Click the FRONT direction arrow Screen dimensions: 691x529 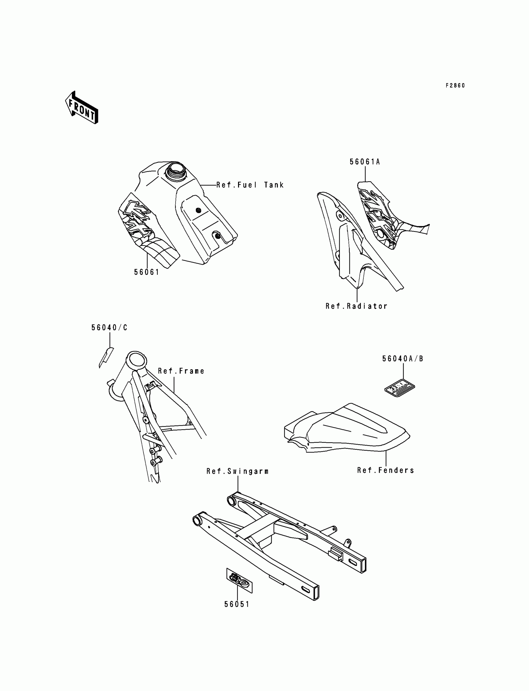pos(82,108)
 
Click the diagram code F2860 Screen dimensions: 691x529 pos(455,85)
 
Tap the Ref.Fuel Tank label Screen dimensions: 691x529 pos(250,185)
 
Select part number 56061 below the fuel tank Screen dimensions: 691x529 pos(147,272)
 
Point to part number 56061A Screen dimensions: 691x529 pos(365,162)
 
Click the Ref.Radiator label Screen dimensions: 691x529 pos(356,306)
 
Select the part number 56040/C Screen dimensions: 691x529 pos(110,328)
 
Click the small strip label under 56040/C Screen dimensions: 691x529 pos(106,357)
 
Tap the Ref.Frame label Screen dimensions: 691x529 pos(181,371)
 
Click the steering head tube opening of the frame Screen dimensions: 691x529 pos(137,359)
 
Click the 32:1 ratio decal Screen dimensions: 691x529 pos(400,387)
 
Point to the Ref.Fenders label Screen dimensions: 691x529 pos(386,471)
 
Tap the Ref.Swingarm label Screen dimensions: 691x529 pos(237,472)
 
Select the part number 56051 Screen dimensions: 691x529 pos(237,605)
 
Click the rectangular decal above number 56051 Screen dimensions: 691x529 pos(240,581)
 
